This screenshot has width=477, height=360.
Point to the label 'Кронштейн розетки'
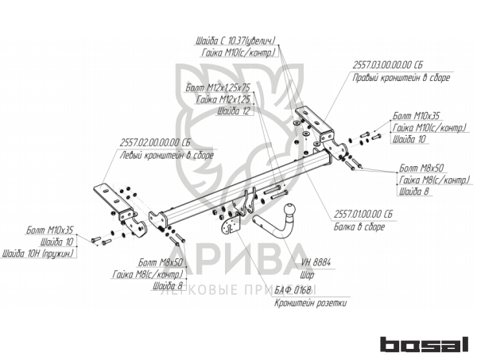(310, 303)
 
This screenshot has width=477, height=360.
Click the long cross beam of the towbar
(238, 187)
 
